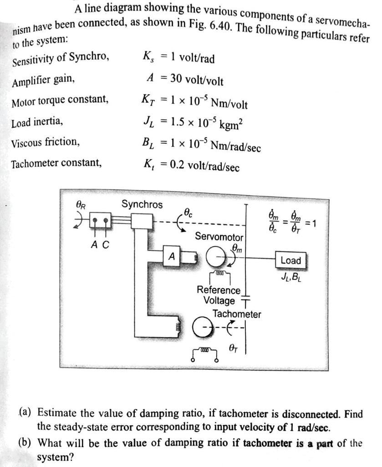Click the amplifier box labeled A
click(172, 257)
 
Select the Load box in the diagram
click(290, 260)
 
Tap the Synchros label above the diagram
click(142, 204)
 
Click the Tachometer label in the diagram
click(237, 314)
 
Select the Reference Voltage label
click(219, 296)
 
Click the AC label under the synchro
click(100, 244)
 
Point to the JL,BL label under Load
click(290, 276)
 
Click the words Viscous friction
click(46, 142)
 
